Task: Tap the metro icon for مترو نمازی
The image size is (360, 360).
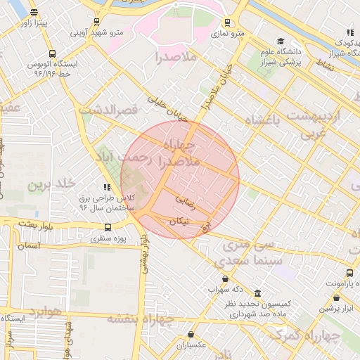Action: [x=226, y=22]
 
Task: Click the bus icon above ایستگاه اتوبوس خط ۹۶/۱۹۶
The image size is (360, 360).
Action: [x=52, y=53]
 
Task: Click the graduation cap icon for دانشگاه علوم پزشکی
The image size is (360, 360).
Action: [x=281, y=41]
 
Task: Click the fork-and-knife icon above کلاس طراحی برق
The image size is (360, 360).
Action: [x=106, y=187]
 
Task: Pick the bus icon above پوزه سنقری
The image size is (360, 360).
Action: [x=108, y=227]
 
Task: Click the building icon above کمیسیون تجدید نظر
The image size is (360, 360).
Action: [x=257, y=292]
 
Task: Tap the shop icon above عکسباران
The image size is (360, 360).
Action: [x=191, y=335]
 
